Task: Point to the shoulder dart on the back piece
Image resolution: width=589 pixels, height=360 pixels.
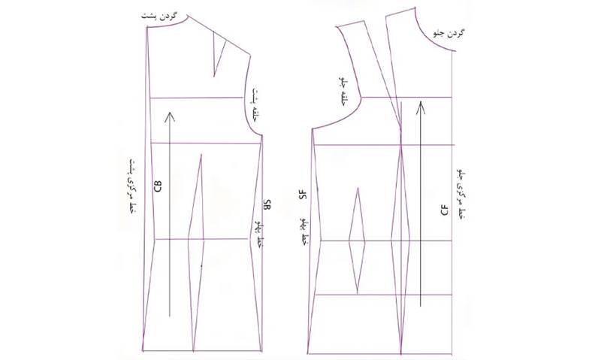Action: point(220,54)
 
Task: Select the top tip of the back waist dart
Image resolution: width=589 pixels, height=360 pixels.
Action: point(201,156)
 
